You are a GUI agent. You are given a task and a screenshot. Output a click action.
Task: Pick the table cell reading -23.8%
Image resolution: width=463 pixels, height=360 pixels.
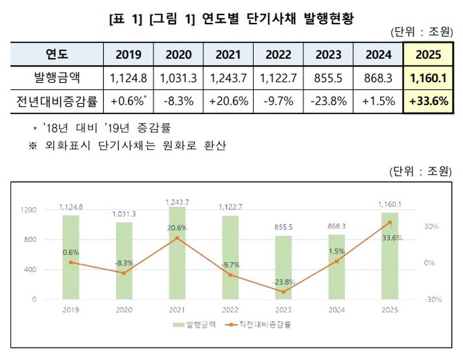(x=328, y=101)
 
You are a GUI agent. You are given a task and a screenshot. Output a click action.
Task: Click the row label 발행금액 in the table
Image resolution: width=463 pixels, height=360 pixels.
(x=57, y=77)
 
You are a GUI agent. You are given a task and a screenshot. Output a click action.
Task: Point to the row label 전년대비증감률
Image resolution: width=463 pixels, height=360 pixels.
(x=57, y=101)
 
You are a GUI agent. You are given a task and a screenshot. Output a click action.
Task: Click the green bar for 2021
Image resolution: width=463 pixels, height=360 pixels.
(x=177, y=253)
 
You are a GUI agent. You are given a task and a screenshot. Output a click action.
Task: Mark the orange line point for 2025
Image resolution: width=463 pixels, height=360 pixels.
(x=390, y=222)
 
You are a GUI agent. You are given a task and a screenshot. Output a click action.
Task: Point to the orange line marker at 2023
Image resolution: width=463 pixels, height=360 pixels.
(x=283, y=292)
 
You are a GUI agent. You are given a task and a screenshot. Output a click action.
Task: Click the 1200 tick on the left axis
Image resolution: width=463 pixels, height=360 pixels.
(x=28, y=210)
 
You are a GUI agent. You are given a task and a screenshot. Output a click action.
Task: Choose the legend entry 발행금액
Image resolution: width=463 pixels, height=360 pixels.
(x=197, y=324)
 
